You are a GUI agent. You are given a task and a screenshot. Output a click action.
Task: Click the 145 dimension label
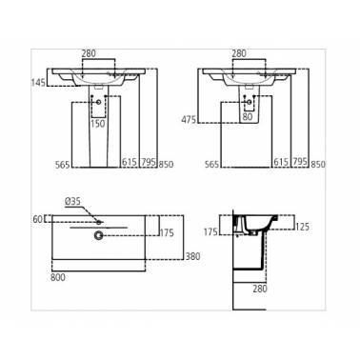[38, 83]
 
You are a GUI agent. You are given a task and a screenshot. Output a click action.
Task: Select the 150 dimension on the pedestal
[98, 124]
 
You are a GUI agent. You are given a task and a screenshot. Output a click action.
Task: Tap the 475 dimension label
[189, 120]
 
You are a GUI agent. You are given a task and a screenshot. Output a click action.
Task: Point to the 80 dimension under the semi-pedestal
[248, 117]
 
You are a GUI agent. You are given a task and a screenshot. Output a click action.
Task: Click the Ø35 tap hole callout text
[72, 201]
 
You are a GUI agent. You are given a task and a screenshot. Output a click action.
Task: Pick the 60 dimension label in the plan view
[38, 219]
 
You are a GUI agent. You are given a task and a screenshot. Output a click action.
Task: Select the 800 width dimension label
[58, 277]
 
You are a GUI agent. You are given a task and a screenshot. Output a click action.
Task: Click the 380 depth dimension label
[192, 256]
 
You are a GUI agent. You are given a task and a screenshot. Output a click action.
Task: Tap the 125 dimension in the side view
[302, 227]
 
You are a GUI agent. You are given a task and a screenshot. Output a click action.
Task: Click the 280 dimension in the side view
[260, 289]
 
